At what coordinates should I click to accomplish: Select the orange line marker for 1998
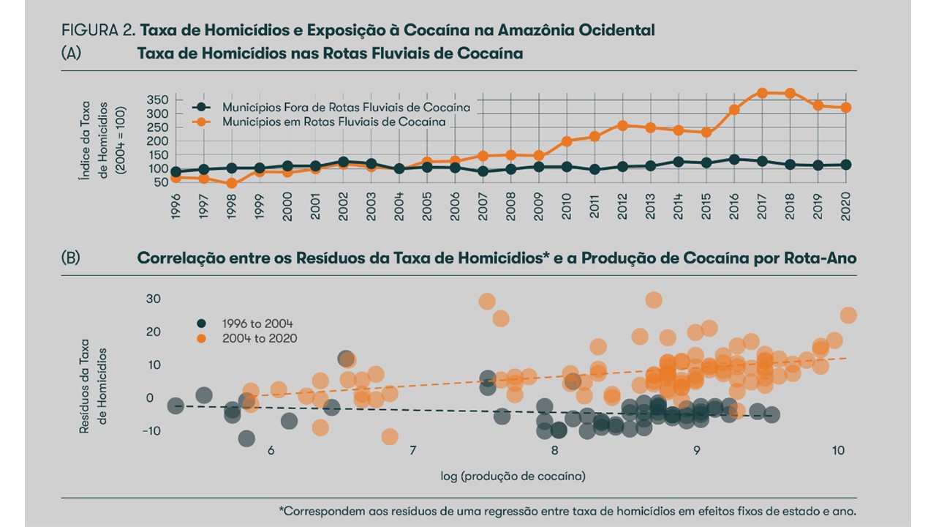pos(232,183)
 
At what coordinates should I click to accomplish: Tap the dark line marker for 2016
pos(734,159)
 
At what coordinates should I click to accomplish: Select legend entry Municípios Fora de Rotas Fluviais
pos(346,107)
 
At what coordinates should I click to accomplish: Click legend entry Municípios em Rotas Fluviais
pos(333,122)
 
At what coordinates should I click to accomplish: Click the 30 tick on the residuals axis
pos(154,299)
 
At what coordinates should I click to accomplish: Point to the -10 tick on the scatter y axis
pos(151,431)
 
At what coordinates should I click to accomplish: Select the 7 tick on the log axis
pos(412,450)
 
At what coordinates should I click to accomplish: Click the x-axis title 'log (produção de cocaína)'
pos(513,476)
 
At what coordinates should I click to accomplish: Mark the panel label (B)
pos(72,258)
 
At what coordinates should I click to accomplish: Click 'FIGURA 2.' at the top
pos(99,31)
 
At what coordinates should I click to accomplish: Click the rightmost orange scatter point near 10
pos(848,315)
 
